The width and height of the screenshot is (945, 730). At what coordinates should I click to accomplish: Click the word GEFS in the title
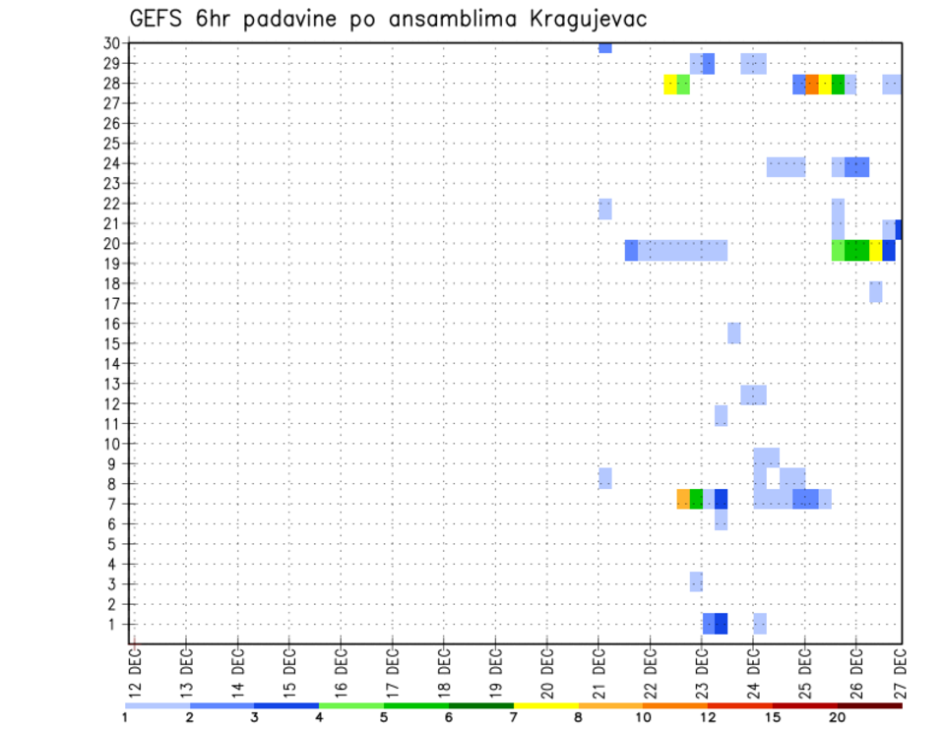coord(158,18)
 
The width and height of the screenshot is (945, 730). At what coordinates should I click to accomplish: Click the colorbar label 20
coord(838,717)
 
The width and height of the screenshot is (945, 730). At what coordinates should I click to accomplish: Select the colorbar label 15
coord(773,717)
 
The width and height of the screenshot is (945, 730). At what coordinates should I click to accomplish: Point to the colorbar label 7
coord(514,717)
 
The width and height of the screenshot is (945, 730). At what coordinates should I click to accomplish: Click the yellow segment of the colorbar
coord(545,705)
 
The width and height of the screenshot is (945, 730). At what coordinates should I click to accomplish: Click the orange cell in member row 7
coord(683,499)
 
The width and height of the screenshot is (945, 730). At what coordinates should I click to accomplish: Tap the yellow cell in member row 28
coord(670,85)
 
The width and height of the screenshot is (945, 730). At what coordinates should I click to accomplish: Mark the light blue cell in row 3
coord(696,581)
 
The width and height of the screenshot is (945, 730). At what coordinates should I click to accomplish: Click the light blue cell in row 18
coord(875,291)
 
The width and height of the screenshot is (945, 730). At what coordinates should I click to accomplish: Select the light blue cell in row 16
coord(734,333)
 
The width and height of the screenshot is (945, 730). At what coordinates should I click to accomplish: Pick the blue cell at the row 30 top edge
coord(604,47)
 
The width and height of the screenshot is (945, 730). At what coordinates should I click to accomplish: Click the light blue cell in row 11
coord(722,415)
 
